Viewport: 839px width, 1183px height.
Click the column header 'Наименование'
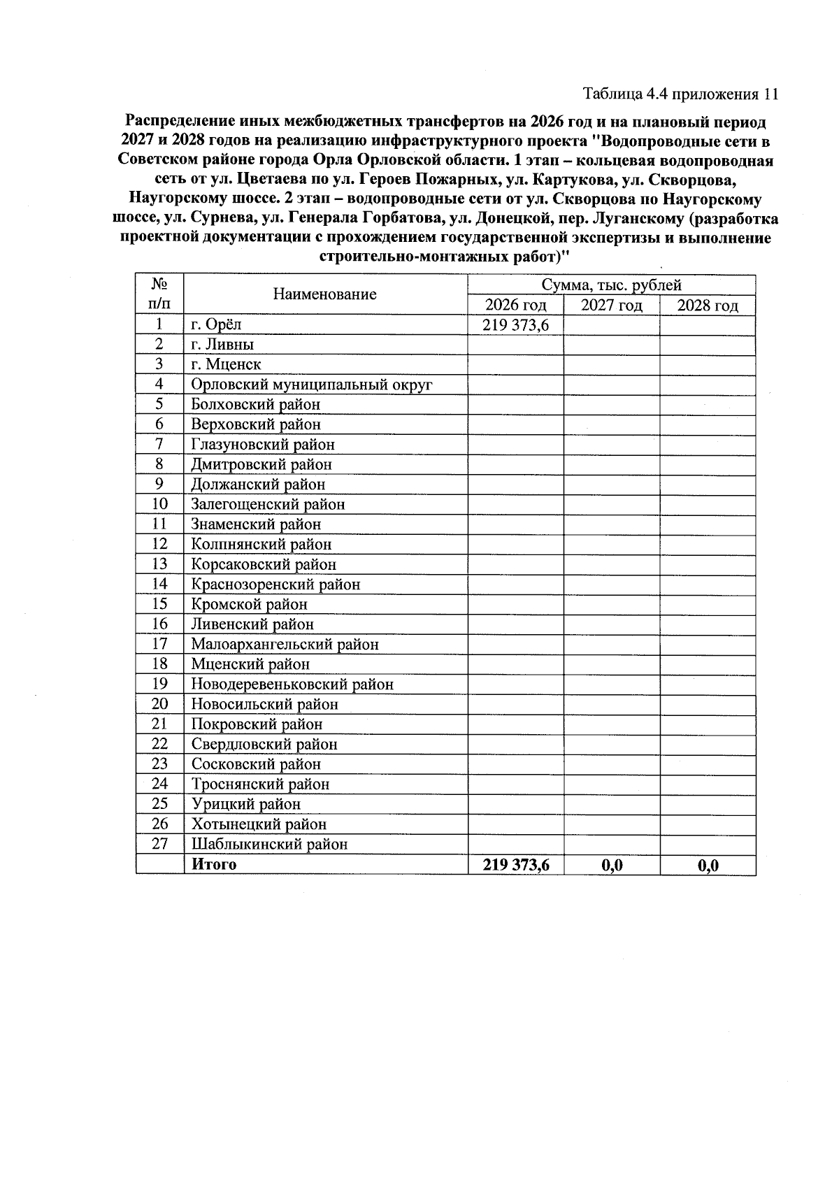click(324, 294)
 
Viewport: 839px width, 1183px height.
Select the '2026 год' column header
click(515, 306)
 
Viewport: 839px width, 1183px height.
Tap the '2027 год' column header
click(611, 306)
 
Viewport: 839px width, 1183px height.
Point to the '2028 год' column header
click(708, 306)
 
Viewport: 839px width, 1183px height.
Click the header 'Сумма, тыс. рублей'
click(611, 285)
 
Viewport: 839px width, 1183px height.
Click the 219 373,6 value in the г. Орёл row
click(515, 324)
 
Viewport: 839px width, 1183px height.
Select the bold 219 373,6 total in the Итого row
click(516, 865)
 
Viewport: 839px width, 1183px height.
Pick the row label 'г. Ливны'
click(222, 345)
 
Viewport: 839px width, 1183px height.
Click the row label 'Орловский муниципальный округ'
click(312, 385)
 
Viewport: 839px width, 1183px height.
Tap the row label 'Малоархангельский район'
click(285, 645)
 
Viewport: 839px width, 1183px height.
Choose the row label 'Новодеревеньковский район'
click(292, 684)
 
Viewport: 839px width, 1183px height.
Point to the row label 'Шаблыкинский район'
click(269, 845)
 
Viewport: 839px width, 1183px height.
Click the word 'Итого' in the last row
click(214, 865)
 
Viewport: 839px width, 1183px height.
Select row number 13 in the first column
click(159, 564)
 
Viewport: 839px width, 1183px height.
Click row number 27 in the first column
click(159, 844)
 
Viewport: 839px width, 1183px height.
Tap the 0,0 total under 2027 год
click(612, 866)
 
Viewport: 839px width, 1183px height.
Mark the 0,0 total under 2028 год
click(708, 866)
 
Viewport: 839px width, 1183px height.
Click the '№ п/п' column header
click(159, 294)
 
